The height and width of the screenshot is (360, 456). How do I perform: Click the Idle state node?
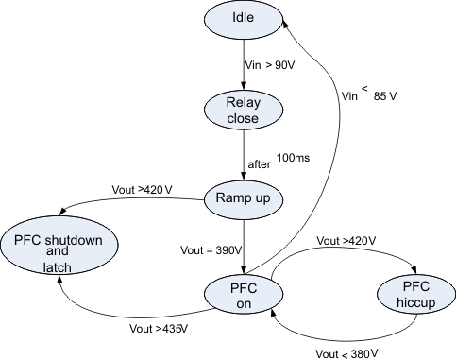coord(245,19)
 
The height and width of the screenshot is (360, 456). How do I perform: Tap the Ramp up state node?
coord(244,199)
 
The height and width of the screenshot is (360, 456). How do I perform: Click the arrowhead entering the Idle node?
coord(288,32)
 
